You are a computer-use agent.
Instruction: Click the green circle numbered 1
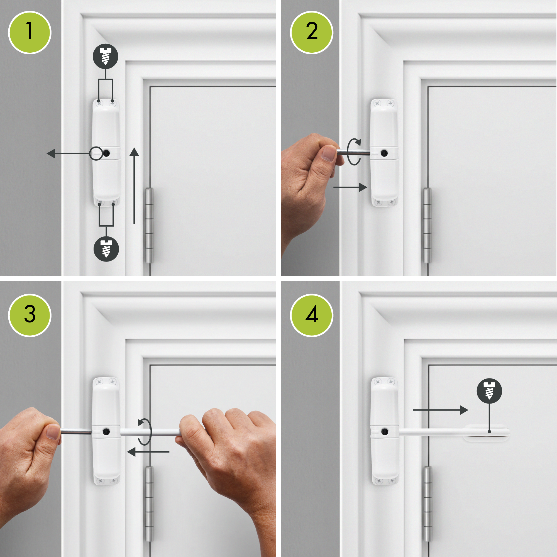(x=30, y=32)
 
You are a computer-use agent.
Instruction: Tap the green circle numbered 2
(x=312, y=32)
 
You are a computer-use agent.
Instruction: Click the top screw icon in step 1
(x=105, y=57)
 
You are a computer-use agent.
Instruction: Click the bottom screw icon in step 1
(x=106, y=249)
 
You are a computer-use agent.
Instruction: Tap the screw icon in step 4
(x=490, y=391)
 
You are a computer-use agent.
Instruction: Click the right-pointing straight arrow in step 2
(x=350, y=187)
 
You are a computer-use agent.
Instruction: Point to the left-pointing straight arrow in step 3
(x=148, y=452)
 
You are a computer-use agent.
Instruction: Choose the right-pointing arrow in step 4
(x=441, y=410)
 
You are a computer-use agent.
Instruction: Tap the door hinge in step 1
(x=149, y=226)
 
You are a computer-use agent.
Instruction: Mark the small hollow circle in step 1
(x=96, y=153)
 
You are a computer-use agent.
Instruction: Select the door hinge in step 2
(x=427, y=226)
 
